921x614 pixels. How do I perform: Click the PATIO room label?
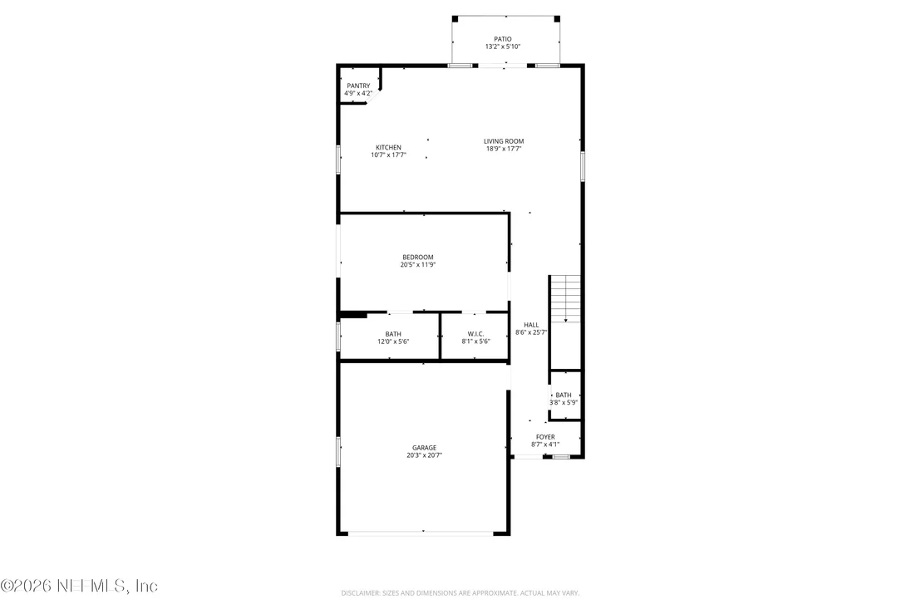[502, 39]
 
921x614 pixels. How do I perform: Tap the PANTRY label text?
[358, 86]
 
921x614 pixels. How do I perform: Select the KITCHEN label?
[388, 148]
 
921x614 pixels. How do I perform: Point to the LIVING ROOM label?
[504, 141]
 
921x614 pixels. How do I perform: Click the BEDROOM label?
[417, 257]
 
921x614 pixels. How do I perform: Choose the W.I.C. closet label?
[475, 334]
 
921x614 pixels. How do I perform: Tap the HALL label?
[531, 325]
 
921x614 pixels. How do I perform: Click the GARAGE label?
[424, 448]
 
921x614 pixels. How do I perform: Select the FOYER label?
[545, 437]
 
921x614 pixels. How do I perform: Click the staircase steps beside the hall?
[565, 298]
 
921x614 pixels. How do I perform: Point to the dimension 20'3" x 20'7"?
[424, 455]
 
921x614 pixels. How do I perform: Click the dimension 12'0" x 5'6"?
[393, 341]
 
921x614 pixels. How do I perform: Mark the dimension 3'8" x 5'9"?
[564, 403]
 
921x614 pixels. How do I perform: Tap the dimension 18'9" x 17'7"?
[504, 149]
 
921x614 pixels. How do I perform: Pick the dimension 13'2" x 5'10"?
[502, 47]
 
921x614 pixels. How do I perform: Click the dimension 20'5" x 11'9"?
[417, 265]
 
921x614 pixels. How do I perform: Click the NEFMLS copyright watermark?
[79, 586]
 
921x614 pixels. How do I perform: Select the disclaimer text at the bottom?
[460, 593]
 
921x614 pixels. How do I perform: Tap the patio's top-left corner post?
[455, 19]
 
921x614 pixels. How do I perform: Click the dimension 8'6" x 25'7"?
[531, 332]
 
